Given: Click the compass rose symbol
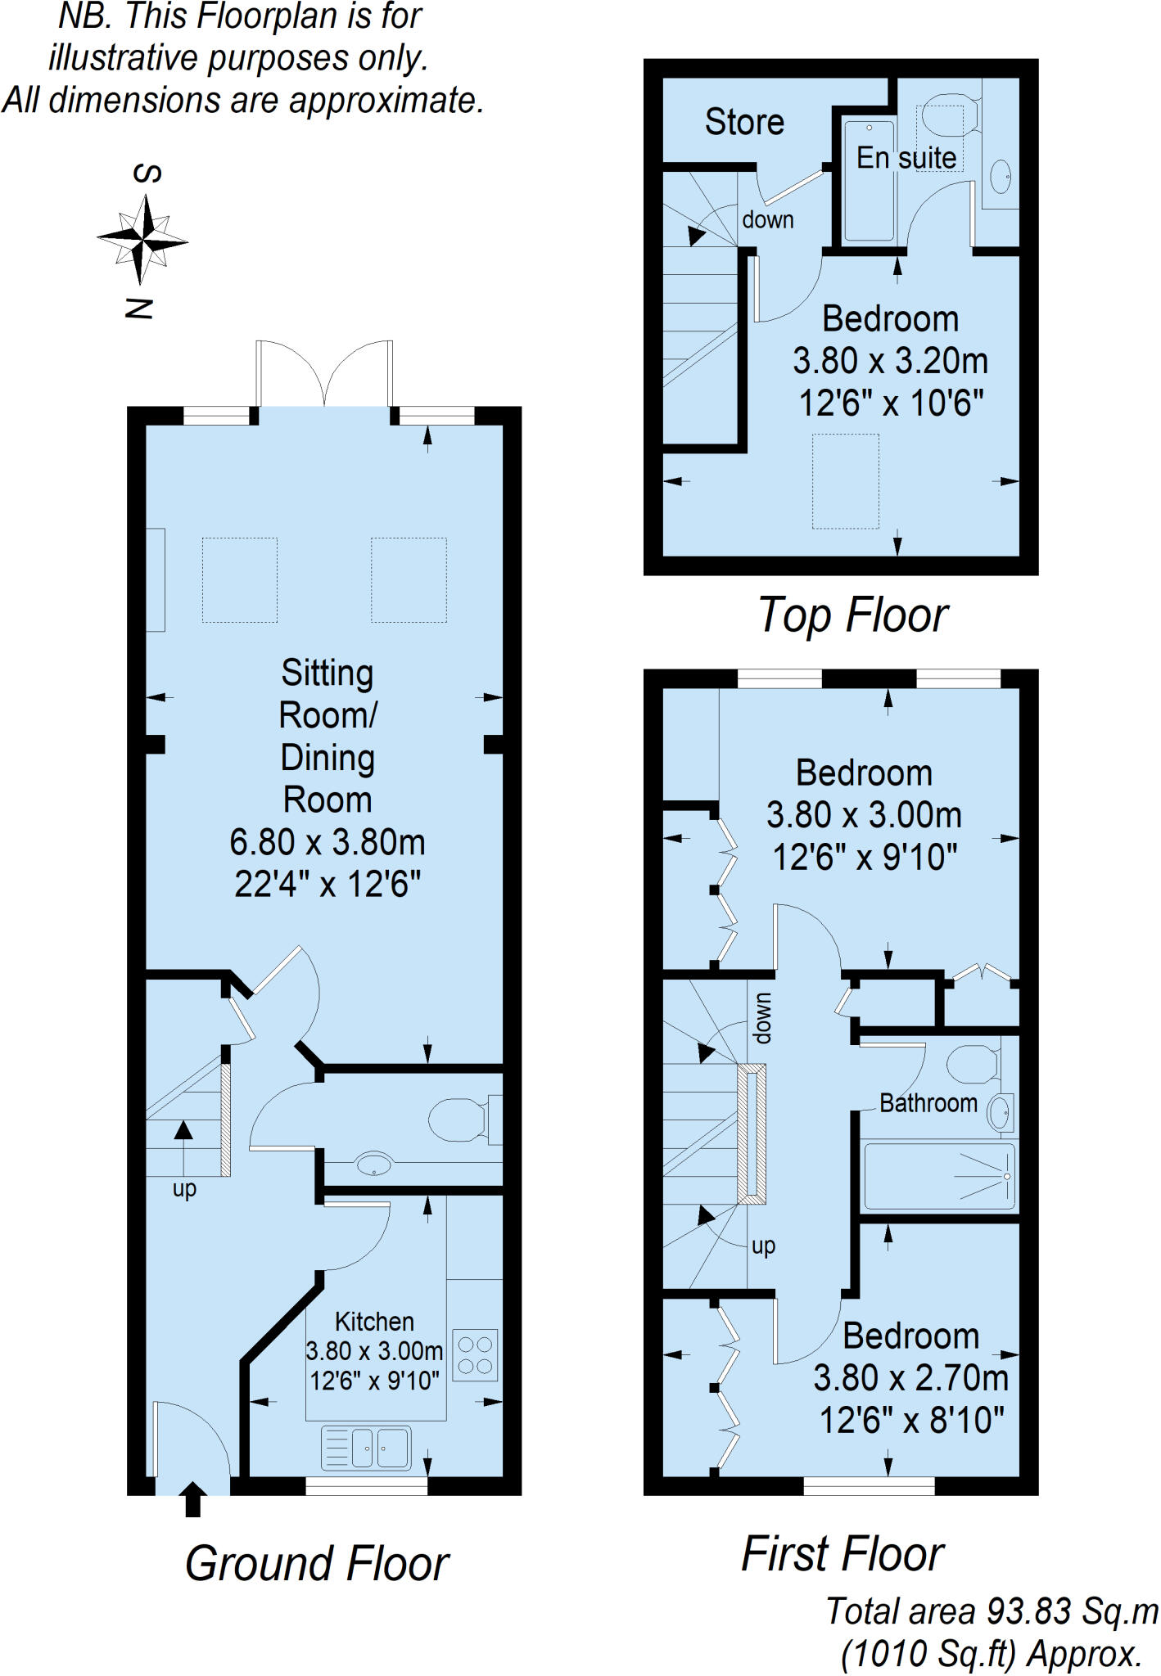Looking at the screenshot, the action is [x=143, y=240].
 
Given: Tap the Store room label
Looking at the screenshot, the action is [x=744, y=122].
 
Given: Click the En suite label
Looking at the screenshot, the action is [x=906, y=157].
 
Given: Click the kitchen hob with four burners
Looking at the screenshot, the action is [x=475, y=1354].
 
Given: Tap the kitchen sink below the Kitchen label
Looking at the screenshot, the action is [x=367, y=1447].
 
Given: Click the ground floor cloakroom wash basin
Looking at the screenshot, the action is [x=374, y=1163].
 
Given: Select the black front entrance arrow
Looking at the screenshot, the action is [x=192, y=1499].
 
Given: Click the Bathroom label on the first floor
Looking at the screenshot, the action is [x=928, y=1103].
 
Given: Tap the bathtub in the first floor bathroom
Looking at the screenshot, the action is [x=940, y=1175].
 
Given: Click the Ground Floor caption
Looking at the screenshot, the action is [x=317, y=1564].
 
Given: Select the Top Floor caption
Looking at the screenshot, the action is [x=852, y=615].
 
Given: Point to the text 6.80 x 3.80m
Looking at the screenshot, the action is [x=328, y=842].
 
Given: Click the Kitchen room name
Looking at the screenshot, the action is [x=374, y=1322].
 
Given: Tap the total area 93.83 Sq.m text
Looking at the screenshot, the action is [x=992, y=1611].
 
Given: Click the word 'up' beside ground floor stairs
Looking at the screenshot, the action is [x=184, y=1190].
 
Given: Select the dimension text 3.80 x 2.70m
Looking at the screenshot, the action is [x=910, y=1377].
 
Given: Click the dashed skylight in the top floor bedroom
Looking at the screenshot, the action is [x=846, y=481].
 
